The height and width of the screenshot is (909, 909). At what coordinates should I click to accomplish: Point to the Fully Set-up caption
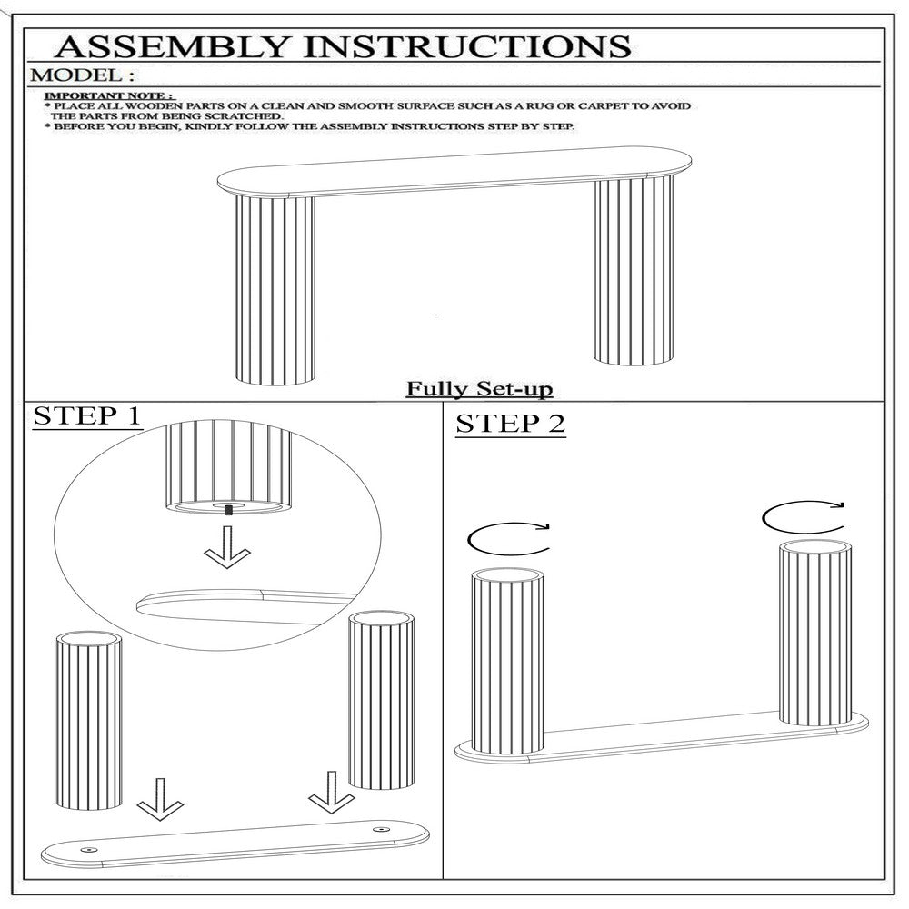point(478,389)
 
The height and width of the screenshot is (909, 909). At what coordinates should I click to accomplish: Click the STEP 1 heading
point(87,417)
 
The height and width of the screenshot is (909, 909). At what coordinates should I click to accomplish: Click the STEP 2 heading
point(510,424)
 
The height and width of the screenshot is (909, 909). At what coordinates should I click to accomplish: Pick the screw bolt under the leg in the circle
point(227,510)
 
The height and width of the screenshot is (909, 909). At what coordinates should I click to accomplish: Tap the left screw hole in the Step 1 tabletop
point(88,847)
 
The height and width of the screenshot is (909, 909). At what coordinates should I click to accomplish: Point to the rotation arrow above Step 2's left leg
point(507,537)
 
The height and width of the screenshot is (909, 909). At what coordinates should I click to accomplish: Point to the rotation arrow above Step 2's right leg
point(802,518)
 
